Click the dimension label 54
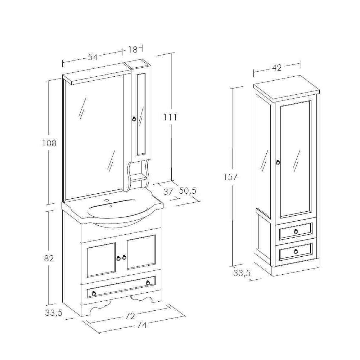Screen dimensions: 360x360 (x=93, y=57)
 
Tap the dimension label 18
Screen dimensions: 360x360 (x=133, y=49)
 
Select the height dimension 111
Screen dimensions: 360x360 (x=170, y=117)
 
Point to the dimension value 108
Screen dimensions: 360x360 (x=49, y=143)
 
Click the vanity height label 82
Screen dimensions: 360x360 (x=49, y=258)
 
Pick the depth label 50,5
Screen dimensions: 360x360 (x=188, y=190)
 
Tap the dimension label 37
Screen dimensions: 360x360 (x=168, y=192)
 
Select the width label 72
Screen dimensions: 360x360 (x=130, y=316)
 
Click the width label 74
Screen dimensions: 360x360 (x=141, y=325)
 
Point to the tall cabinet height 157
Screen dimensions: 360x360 (x=230, y=177)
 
